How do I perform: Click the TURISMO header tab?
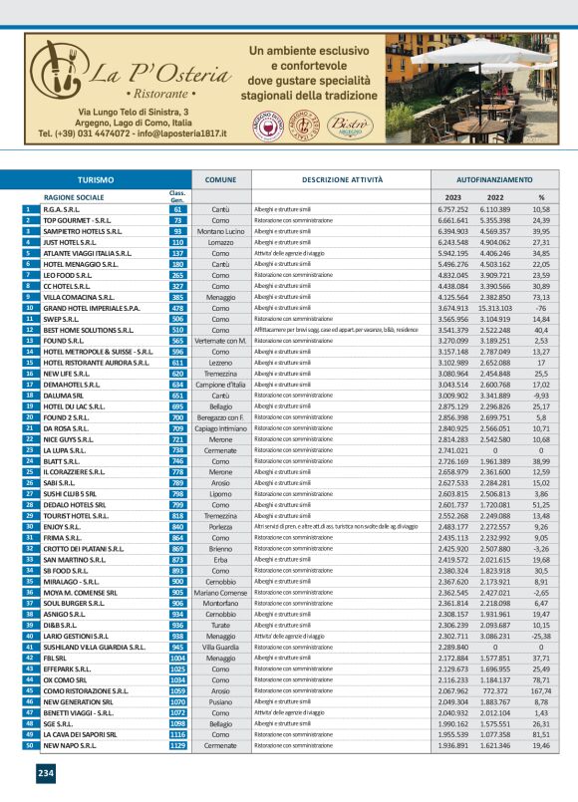pos(96,179)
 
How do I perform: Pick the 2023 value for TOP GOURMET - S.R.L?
pos(453,220)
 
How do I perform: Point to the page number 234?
pos(46,773)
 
